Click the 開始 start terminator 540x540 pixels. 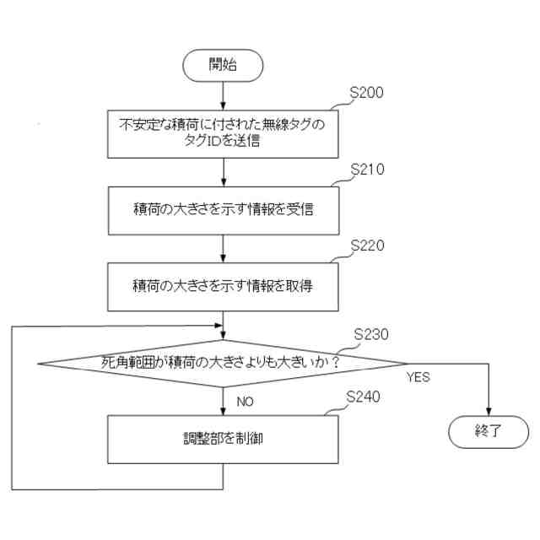(x=224, y=66)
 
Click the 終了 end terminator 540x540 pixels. (x=489, y=431)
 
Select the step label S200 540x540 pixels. (x=367, y=93)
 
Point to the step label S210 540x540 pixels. (x=367, y=169)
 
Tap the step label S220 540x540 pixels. (x=367, y=246)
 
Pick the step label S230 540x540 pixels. (x=371, y=334)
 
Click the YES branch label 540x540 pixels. (x=418, y=377)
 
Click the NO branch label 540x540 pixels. (x=245, y=402)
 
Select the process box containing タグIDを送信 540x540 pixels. (x=223, y=133)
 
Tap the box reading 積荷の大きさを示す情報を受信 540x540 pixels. (x=223, y=209)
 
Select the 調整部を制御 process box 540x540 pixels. (x=223, y=438)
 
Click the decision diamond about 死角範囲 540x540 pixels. (x=223, y=364)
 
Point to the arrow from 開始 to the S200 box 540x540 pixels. (x=224, y=94)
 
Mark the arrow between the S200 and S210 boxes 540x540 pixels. (x=224, y=171)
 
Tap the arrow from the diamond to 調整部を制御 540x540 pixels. (x=224, y=401)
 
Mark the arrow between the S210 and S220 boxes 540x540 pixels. (x=224, y=248)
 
